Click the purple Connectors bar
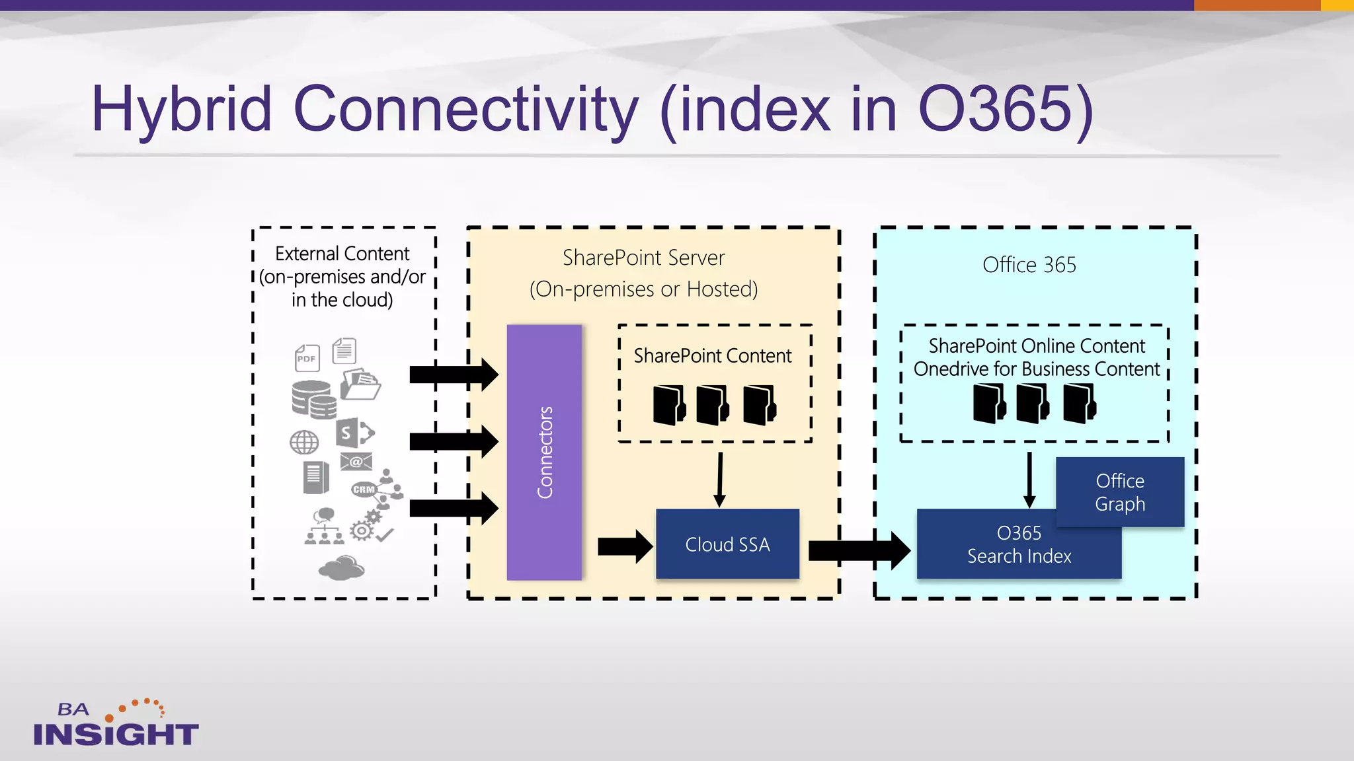click(x=544, y=452)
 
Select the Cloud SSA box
click(x=727, y=544)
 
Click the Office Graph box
click(x=1120, y=492)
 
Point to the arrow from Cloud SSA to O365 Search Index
click(x=859, y=550)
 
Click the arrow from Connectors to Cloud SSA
click(x=625, y=546)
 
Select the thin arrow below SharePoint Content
click(x=720, y=480)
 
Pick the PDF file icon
click(x=307, y=358)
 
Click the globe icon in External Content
click(x=304, y=442)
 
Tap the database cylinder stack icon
click(x=313, y=400)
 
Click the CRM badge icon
click(x=364, y=489)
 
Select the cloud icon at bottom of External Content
click(x=341, y=567)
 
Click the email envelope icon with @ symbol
click(x=356, y=462)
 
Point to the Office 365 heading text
click(x=1029, y=265)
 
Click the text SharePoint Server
click(x=643, y=258)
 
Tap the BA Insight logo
click(x=115, y=724)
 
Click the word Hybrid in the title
click(x=182, y=109)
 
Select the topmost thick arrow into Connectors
click(x=454, y=375)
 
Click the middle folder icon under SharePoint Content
click(x=712, y=404)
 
